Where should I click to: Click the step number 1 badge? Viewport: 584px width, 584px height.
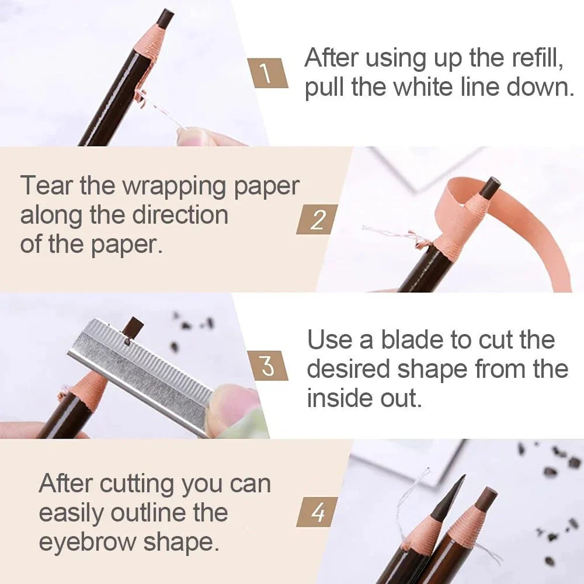click(266, 74)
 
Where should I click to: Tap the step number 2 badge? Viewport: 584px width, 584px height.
click(317, 219)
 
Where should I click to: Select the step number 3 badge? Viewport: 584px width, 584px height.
click(267, 366)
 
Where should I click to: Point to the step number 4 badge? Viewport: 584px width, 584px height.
click(317, 512)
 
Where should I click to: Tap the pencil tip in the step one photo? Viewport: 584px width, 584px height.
click(166, 18)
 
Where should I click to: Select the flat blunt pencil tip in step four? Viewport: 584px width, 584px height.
click(486, 498)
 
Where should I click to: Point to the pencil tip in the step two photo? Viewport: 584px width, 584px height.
click(490, 186)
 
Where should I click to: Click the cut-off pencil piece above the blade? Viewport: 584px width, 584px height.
click(134, 327)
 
